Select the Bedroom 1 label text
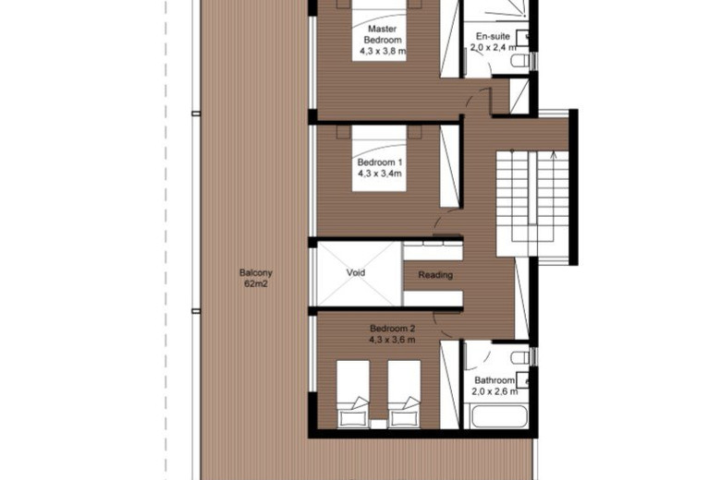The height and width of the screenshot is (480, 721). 379,162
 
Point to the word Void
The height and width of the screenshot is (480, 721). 356,273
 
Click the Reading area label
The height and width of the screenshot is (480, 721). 435,274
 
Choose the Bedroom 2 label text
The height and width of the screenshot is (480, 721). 393,329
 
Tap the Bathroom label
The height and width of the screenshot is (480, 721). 495,379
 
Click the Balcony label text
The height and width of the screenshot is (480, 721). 255,273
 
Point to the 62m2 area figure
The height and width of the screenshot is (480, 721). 255,284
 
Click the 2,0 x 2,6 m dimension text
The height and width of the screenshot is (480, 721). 495,391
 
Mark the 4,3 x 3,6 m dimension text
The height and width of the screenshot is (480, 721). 393,340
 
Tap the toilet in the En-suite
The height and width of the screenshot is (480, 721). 520,61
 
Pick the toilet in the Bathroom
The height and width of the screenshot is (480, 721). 520,357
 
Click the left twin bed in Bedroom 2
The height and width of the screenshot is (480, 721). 352,392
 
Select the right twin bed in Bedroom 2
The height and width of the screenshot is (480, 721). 404,392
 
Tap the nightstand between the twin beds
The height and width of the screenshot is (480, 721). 378,422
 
